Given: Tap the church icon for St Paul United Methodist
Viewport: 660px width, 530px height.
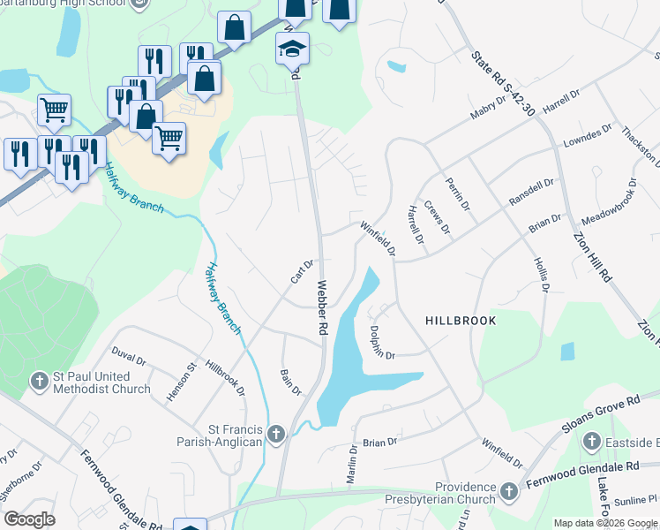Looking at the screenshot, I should point(38,381).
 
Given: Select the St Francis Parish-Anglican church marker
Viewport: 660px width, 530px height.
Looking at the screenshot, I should point(276,434).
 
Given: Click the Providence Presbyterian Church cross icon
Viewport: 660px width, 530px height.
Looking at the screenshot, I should point(508,490).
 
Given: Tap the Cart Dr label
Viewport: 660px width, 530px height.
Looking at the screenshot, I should point(303,271).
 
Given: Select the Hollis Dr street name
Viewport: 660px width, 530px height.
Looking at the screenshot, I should point(541,275).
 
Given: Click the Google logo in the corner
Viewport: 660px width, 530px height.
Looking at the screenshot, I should point(29,519).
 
